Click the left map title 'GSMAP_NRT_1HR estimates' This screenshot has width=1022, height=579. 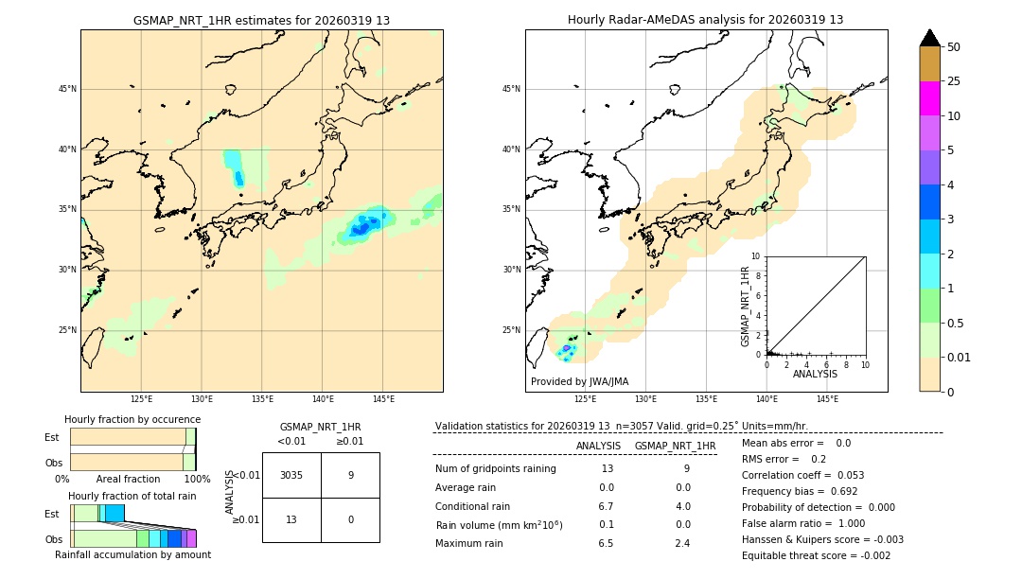click(261, 20)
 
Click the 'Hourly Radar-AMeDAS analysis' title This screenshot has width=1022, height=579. click(705, 20)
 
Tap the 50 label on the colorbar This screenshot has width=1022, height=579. click(954, 47)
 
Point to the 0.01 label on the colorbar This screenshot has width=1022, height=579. click(960, 357)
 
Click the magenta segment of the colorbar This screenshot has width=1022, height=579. click(929, 98)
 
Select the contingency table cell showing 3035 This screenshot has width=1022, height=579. click(291, 475)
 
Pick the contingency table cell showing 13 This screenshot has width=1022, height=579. click(291, 519)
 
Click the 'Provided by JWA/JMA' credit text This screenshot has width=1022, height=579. click(579, 381)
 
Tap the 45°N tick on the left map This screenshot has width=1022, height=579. click(67, 89)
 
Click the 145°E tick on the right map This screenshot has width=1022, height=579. click(827, 399)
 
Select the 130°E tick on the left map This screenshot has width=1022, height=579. click(202, 399)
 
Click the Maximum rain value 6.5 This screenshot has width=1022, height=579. click(606, 543)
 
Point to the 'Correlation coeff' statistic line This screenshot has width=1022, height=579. click(802, 475)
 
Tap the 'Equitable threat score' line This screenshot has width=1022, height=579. click(816, 555)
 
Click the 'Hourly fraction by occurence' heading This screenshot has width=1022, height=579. click(132, 419)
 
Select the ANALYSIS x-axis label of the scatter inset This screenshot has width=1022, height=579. click(815, 374)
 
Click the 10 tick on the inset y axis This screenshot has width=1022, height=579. click(755, 256)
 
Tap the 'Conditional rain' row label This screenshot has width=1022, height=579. click(474, 506)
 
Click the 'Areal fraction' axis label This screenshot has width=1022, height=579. click(128, 479)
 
